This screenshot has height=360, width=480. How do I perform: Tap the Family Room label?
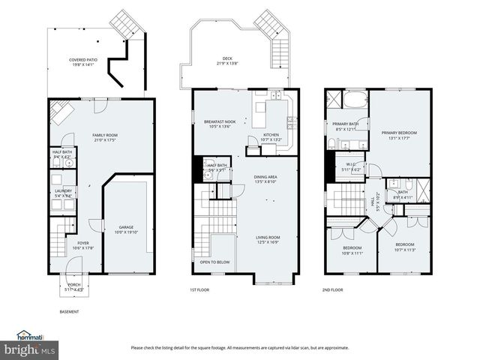pos(105,135)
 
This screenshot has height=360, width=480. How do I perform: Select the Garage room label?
pos(126,227)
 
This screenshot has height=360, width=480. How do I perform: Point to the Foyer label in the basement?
pos(83,243)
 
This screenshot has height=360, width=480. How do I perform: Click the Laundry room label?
pos(63,191)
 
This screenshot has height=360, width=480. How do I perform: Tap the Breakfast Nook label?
pos(220,121)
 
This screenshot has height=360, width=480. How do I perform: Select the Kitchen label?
pos(270,136)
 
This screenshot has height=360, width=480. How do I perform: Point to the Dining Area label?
pos(266,177)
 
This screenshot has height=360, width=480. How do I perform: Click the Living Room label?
pos(268,238)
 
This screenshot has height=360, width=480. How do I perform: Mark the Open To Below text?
pos(214,262)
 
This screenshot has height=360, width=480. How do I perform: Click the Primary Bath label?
pos(346,124)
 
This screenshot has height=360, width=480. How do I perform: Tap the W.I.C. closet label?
pos(351,165)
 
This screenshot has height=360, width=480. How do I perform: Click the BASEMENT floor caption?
pos(69,312)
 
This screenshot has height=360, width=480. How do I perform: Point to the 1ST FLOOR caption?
pos(199,289)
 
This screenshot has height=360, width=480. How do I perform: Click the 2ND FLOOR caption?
pos(332,289)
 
